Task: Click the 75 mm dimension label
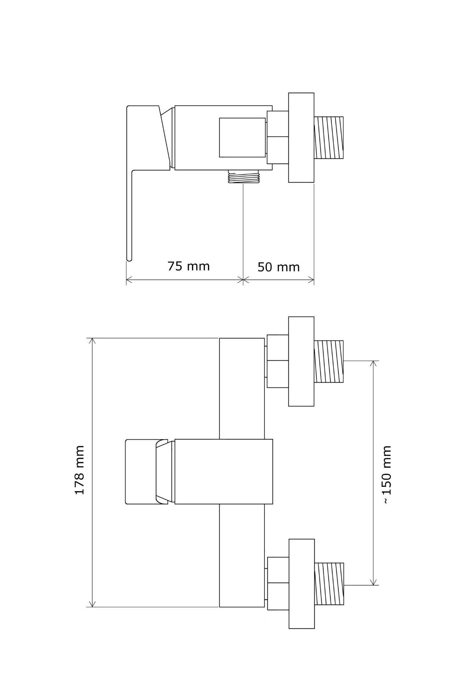[188, 266]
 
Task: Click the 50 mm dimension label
[278, 267]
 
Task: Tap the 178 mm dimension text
[80, 470]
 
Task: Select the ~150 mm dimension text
[387, 475]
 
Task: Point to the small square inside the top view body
[242, 137]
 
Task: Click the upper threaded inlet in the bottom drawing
[328, 362]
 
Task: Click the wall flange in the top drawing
[301, 138]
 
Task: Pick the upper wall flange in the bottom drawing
[301, 362]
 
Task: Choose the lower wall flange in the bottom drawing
[301, 584]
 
